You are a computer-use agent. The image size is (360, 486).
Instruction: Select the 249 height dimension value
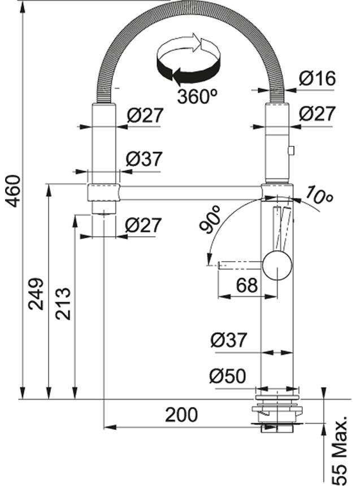point(36,294)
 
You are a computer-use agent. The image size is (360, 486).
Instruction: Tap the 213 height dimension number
point(63,303)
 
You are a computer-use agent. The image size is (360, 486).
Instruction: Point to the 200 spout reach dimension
point(181,415)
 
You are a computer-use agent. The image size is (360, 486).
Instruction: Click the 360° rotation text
point(197,96)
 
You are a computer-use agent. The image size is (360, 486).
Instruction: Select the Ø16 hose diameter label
point(317,78)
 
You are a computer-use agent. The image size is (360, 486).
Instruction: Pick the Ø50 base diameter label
point(228,376)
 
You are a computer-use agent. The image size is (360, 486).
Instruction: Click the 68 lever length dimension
point(247,285)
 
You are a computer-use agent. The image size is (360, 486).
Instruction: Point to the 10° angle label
point(319,195)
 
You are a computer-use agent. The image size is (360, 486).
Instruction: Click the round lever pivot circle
point(277,266)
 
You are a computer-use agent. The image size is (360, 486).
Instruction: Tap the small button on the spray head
point(291,150)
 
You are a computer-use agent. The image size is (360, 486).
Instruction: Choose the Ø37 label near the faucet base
point(229,340)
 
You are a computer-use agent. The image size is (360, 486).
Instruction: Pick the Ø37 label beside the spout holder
point(144,159)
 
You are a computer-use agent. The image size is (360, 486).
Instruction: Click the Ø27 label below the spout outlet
point(143,225)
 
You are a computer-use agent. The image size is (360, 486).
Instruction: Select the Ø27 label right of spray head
point(317,114)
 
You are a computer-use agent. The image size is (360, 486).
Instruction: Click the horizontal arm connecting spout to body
point(190,192)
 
